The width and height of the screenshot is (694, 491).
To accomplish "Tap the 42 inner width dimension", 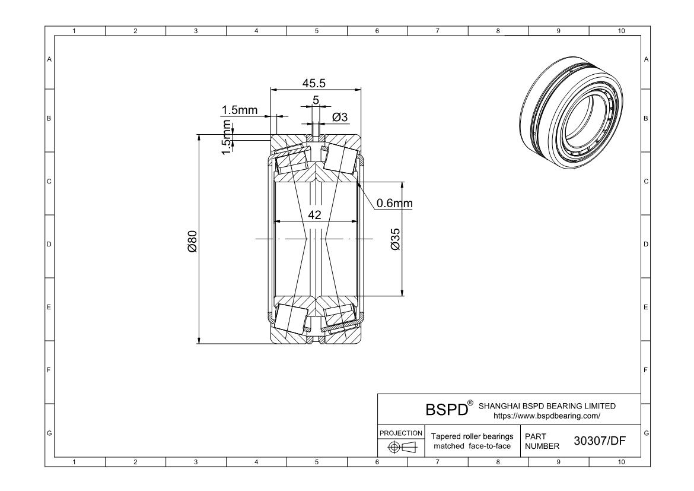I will point(314,215).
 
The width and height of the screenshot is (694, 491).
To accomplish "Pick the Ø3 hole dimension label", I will point(339,118).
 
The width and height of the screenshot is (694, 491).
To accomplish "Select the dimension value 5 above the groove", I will point(316,101).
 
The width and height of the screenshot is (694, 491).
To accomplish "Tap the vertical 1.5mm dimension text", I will point(226,137).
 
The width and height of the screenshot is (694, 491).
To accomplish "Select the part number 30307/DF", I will point(600,441).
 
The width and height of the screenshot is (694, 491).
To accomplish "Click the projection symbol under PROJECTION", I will point(400,446).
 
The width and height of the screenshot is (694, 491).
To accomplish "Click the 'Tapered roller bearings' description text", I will point(472,436).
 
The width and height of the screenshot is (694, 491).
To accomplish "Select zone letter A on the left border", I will point(49,59).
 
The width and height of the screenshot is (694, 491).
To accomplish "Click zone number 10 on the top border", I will point(621,31).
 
